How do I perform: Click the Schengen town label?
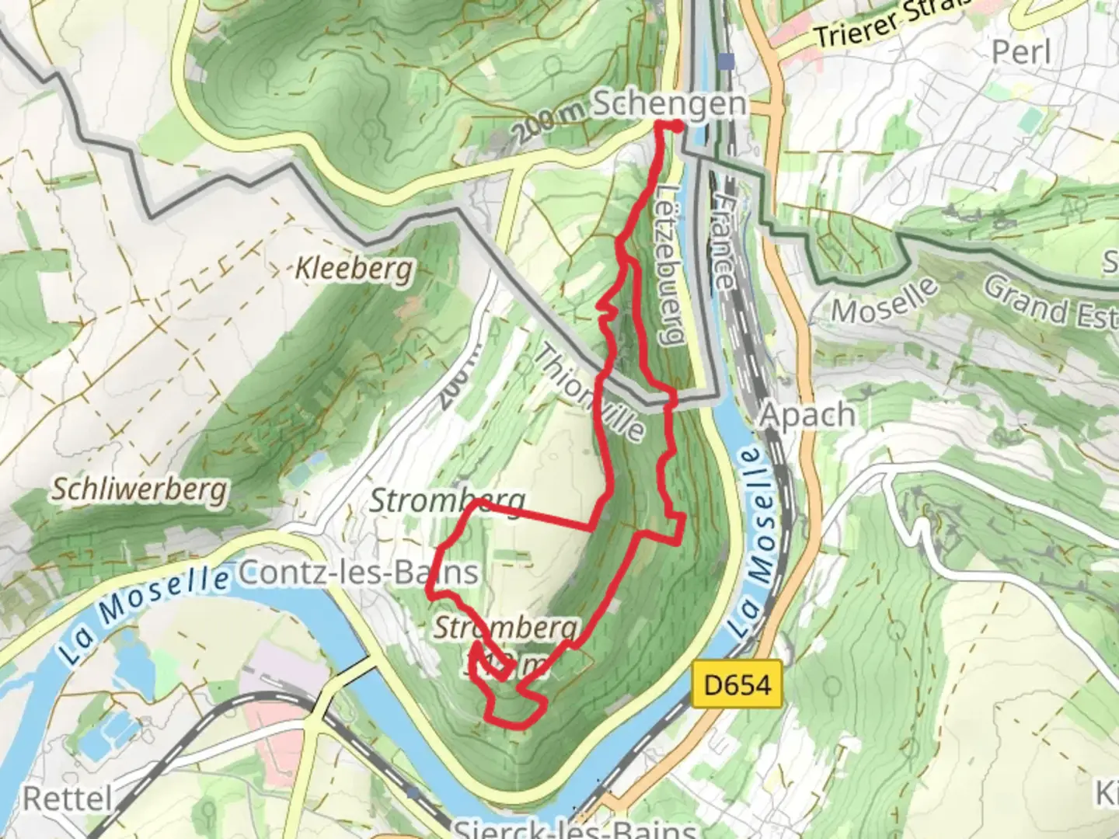[670, 104]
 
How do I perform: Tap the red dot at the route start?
[677, 127]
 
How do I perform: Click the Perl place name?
[1021, 52]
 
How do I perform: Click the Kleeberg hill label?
[354, 270]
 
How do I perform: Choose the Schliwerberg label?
[140, 489]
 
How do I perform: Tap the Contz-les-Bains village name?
[357, 573]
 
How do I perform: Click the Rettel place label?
[68, 798]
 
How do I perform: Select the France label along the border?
[723, 241]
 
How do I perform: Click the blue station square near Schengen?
[727, 61]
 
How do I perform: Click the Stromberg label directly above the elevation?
[507, 628]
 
